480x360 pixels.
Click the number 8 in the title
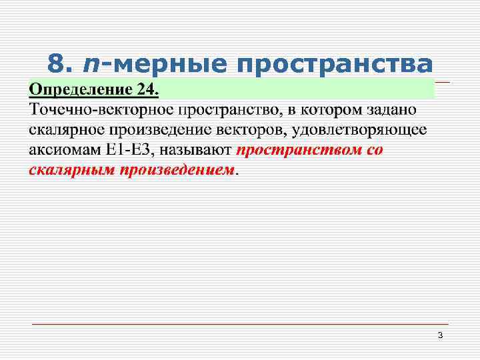(58, 64)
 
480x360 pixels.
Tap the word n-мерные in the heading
(151, 64)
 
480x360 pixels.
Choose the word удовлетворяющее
(359, 129)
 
